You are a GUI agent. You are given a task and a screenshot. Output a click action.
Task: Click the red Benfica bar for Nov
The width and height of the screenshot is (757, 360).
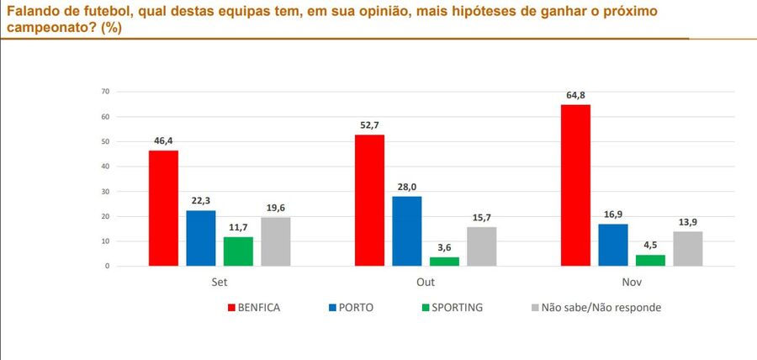575,185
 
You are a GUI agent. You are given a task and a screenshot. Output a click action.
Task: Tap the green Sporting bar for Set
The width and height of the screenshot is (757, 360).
238,251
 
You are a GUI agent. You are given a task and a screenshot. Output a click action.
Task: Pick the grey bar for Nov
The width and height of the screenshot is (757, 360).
687,249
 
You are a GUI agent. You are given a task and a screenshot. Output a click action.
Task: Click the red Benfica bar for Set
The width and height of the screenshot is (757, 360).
163,209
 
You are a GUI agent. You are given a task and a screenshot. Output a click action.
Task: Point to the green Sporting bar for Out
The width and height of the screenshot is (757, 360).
444,262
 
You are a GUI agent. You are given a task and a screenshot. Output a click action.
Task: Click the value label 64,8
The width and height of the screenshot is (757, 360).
575,97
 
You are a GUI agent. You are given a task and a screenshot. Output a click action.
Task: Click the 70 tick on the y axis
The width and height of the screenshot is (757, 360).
106,91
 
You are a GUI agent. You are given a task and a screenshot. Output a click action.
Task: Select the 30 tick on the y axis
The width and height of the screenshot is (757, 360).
106,191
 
